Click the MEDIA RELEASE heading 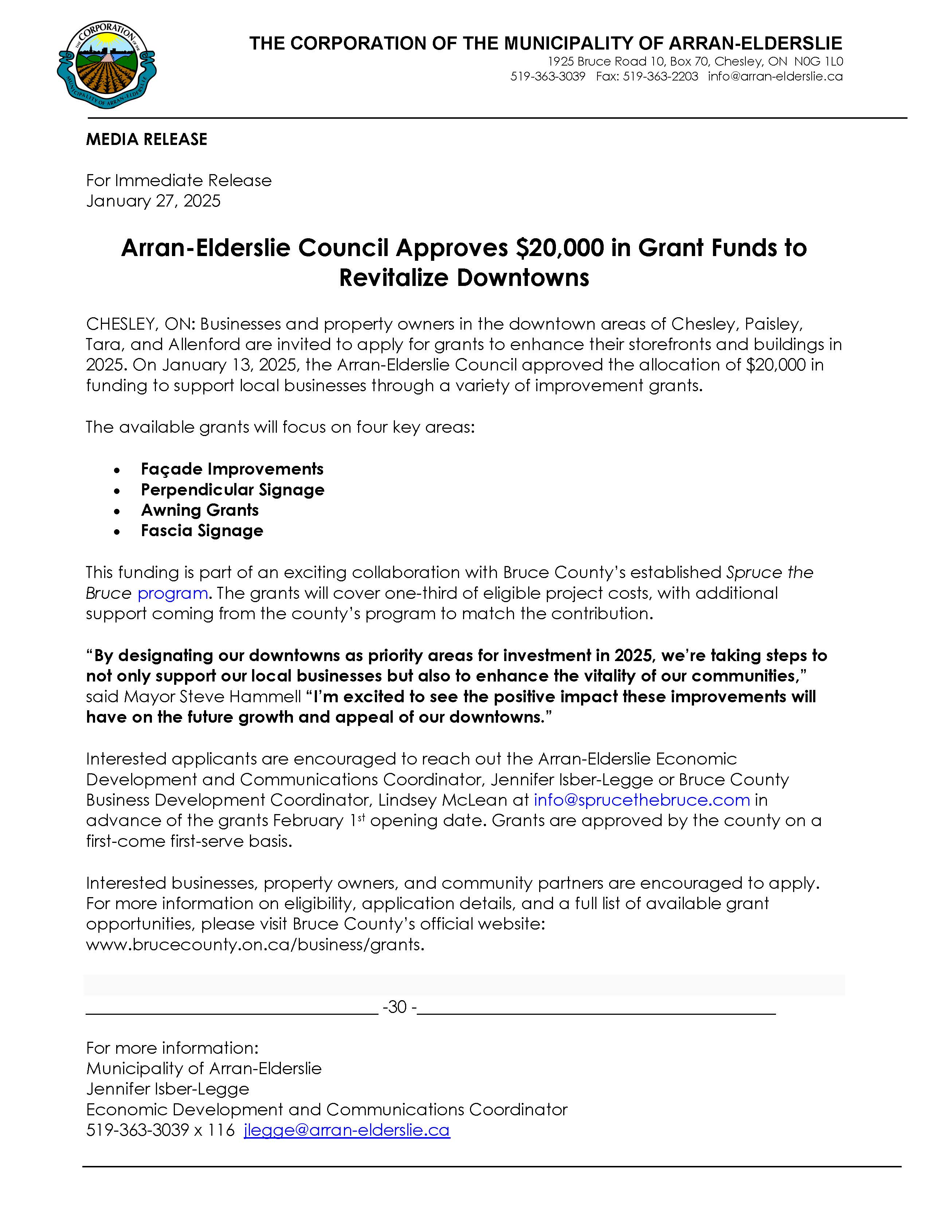tap(146, 139)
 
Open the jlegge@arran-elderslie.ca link tap(346, 1130)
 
